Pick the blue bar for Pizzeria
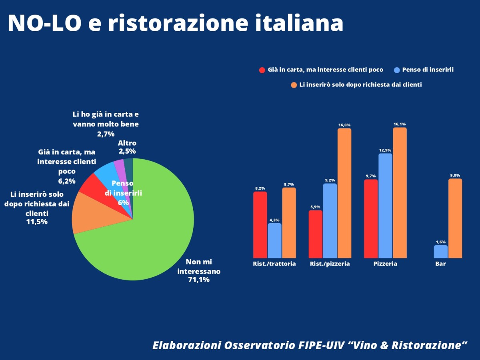pyautogui.click(x=385, y=206)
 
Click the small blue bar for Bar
pyautogui.click(x=441, y=252)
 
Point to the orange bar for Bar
pyautogui.click(x=455, y=218)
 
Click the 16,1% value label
pyautogui.click(x=400, y=124)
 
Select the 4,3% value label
pyautogui.click(x=274, y=220)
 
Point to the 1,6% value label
pyautogui.click(x=441, y=242)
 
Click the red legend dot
pyautogui.click(x=262, y=70)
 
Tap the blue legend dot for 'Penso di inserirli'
pyautogui.click(x=397, y=70)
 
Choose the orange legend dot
pyautogui.click(x=294, y=85)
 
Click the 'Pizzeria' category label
pyautogui.click(x=385, y=264)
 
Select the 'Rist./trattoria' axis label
pyautogui.click(x=274, y=264)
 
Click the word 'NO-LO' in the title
pyautogui.click(x=44, y=23)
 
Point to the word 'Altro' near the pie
pyautogui.click(x=127, y=143)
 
